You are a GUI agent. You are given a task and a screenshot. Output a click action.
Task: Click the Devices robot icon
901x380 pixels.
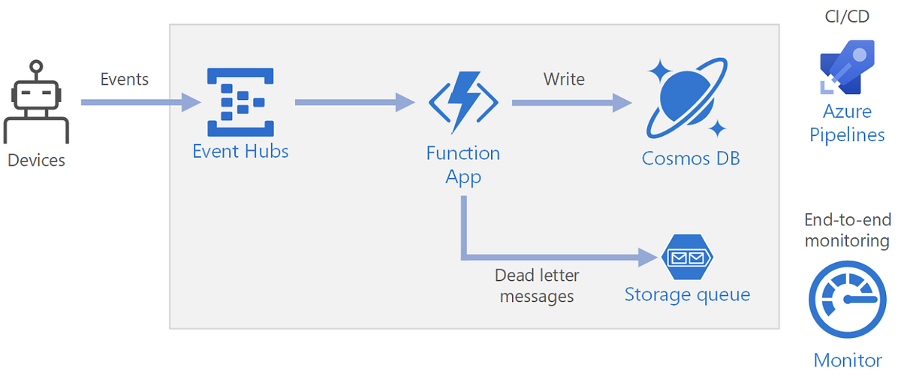pos(36,105)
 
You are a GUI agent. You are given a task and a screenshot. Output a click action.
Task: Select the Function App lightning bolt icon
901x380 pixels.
pos(463,101)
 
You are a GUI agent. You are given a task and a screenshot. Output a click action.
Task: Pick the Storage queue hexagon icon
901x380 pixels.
pos(686,258)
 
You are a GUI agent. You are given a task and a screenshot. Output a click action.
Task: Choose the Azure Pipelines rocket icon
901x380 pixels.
pos(847,67)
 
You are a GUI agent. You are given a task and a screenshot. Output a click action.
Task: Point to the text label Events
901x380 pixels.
pos(125,79)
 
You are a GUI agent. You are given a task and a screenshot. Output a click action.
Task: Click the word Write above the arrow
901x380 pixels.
pos(564,79)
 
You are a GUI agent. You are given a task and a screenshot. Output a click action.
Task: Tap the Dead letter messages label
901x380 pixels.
pos(537,286)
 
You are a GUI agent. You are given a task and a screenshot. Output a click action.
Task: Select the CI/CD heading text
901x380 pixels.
pos(847,16)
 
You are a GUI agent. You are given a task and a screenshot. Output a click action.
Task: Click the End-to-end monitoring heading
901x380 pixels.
pos(847,230)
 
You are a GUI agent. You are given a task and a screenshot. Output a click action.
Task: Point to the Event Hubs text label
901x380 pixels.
pos(240,151)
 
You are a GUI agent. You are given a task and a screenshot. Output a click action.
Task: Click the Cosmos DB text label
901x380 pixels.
pos(691,158)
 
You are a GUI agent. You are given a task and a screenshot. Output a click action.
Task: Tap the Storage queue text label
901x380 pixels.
pos(687,294)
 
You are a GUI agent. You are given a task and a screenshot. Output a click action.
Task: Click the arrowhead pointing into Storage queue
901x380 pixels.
pos(647,258)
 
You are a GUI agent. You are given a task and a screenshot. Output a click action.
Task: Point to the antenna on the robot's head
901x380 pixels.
pos(36,67)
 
